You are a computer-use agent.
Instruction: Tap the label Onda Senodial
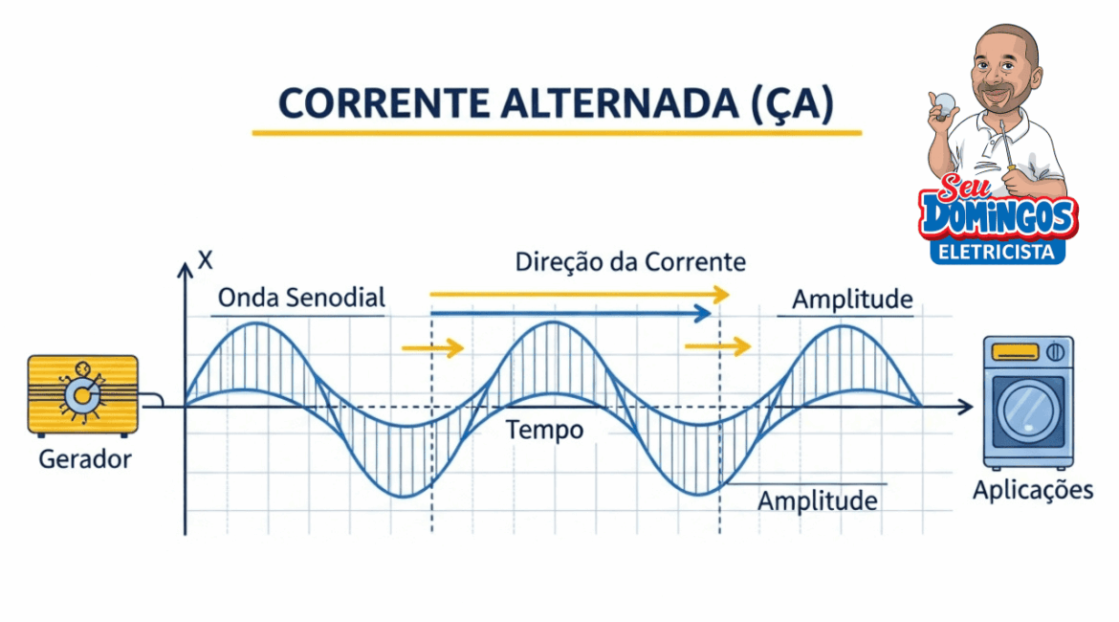[301, 298]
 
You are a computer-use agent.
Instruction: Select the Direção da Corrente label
[630, 261]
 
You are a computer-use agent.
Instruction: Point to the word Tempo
[544, 431]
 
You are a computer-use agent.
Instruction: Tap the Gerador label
[85, 459]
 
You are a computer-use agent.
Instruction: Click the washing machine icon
[1028, 402]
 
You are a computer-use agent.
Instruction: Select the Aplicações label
[1032, 491]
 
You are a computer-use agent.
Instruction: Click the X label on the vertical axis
[203, 258]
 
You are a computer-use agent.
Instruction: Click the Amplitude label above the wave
[852, 300]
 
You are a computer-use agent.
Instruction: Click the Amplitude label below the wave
[817, 500]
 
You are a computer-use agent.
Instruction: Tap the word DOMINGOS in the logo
[998, 216]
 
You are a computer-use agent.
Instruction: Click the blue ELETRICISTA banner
[998, 252]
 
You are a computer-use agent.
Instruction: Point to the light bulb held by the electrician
[944, 101]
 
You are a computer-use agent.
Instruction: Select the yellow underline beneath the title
[557, 133]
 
